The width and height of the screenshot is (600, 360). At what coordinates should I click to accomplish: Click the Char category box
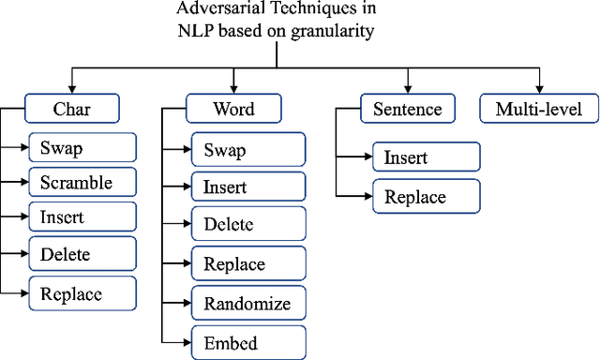[71, 109]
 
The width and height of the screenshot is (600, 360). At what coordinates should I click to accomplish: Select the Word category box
[234, 109]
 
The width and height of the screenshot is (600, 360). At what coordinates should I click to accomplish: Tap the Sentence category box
[408, 109]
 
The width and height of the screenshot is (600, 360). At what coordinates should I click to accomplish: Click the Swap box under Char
[82, 147]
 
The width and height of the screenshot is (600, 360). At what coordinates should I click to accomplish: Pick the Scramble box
[82, 182]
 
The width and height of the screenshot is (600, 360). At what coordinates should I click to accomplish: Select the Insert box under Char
[82, 217]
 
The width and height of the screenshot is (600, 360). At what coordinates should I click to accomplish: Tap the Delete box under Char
[82, 253]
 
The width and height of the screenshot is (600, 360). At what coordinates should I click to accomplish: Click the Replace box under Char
[82, 293]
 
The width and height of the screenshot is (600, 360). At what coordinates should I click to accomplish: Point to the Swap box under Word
[248, 150]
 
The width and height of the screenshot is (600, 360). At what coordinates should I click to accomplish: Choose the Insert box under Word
[248, 187]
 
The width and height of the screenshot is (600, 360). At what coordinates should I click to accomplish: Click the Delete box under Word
[248, 224]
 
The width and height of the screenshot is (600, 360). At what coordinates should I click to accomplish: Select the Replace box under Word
[248, 264]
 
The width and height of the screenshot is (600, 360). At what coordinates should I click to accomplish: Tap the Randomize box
[248, 303]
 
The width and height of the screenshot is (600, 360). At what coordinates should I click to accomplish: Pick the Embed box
[248, 342]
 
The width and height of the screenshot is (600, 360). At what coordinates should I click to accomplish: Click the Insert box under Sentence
[426, 157]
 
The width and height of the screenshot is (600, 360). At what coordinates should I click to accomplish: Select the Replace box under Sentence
[426, 196]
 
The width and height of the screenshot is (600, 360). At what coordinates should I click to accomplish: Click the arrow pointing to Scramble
[19, 182]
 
